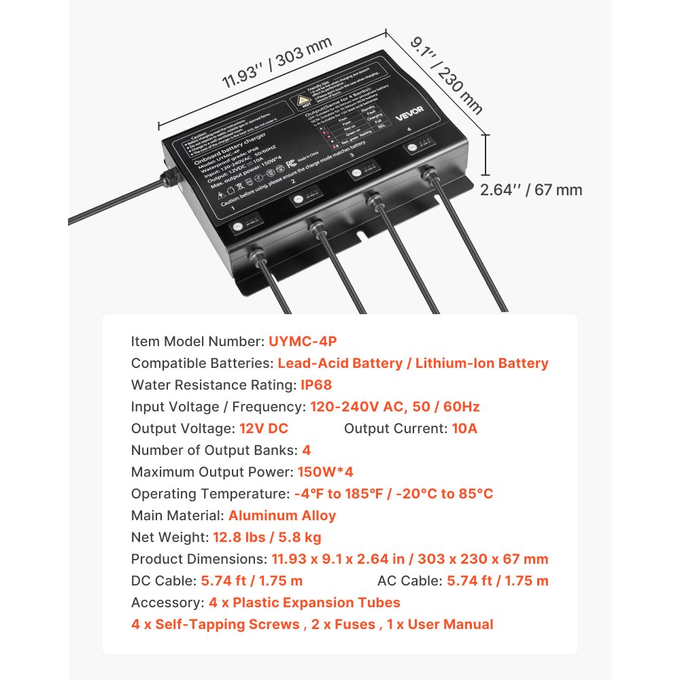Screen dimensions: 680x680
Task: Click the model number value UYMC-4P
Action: [x=303, y=341]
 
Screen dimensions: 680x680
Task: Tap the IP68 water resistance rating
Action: [x=316, y=385]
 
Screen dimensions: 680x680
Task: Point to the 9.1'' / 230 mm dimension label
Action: [x=446, y=74]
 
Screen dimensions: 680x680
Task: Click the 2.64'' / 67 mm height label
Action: [x=531, y=190]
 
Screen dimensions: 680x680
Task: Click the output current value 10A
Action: [x=464, y=428]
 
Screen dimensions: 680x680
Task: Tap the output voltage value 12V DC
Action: [x=264, y=428]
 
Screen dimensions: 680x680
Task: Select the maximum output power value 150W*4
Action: [x=325, y=472]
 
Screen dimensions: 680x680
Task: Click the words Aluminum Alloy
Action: [x=282, y=515]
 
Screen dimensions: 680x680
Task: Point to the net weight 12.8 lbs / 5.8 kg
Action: [x=267, y=537]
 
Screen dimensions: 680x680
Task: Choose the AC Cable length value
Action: [x=497, y=581]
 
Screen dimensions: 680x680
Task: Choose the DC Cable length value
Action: [x=252, y=581]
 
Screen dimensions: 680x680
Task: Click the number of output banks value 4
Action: [x=307, y=450]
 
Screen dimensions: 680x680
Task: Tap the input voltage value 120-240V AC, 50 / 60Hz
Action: [x=395, y=407]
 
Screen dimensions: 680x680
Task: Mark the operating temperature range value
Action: [x=394, y=494]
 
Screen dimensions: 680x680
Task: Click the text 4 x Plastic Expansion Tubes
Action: [x=304, y=602]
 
